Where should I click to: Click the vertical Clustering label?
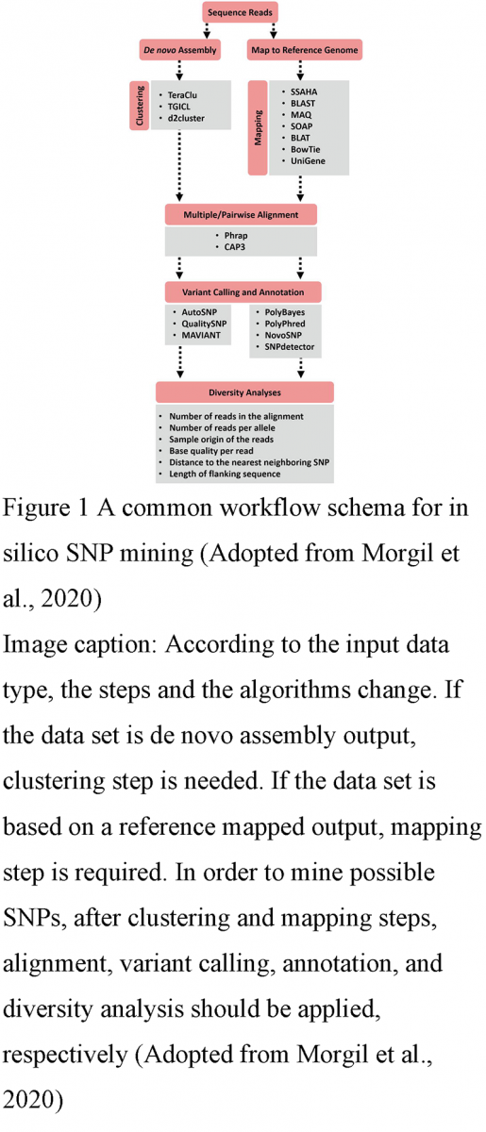[x=140, y=105]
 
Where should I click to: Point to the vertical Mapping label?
[x=258, y=127]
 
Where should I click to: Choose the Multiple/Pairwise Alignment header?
[x=243, y=213]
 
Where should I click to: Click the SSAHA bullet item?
[x=293, y=91]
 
